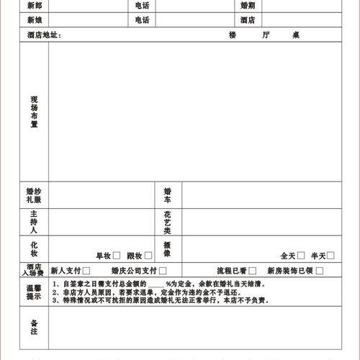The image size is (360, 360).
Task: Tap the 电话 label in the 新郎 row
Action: point(142,6)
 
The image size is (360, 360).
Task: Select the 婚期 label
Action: point(248,6)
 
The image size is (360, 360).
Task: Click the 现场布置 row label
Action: point(34,112)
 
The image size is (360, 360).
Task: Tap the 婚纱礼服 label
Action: point(34,196)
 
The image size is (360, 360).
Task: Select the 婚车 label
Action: point(167,196)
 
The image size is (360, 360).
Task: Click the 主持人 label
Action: point(34,222)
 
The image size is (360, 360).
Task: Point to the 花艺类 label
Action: point(167,222)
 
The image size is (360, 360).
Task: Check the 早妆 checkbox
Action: point(116,255)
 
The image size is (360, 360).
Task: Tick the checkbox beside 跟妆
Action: point(148,255)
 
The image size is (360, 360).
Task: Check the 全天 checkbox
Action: point(301,255)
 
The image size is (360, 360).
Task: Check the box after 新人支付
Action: point(86,271)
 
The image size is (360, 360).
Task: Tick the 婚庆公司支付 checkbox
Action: point(163,271)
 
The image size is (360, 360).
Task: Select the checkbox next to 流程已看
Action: point(252,271)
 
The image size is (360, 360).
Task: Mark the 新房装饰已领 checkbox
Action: point(319,271)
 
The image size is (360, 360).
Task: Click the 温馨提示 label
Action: point(34,292)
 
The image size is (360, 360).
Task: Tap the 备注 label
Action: point(34,327)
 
